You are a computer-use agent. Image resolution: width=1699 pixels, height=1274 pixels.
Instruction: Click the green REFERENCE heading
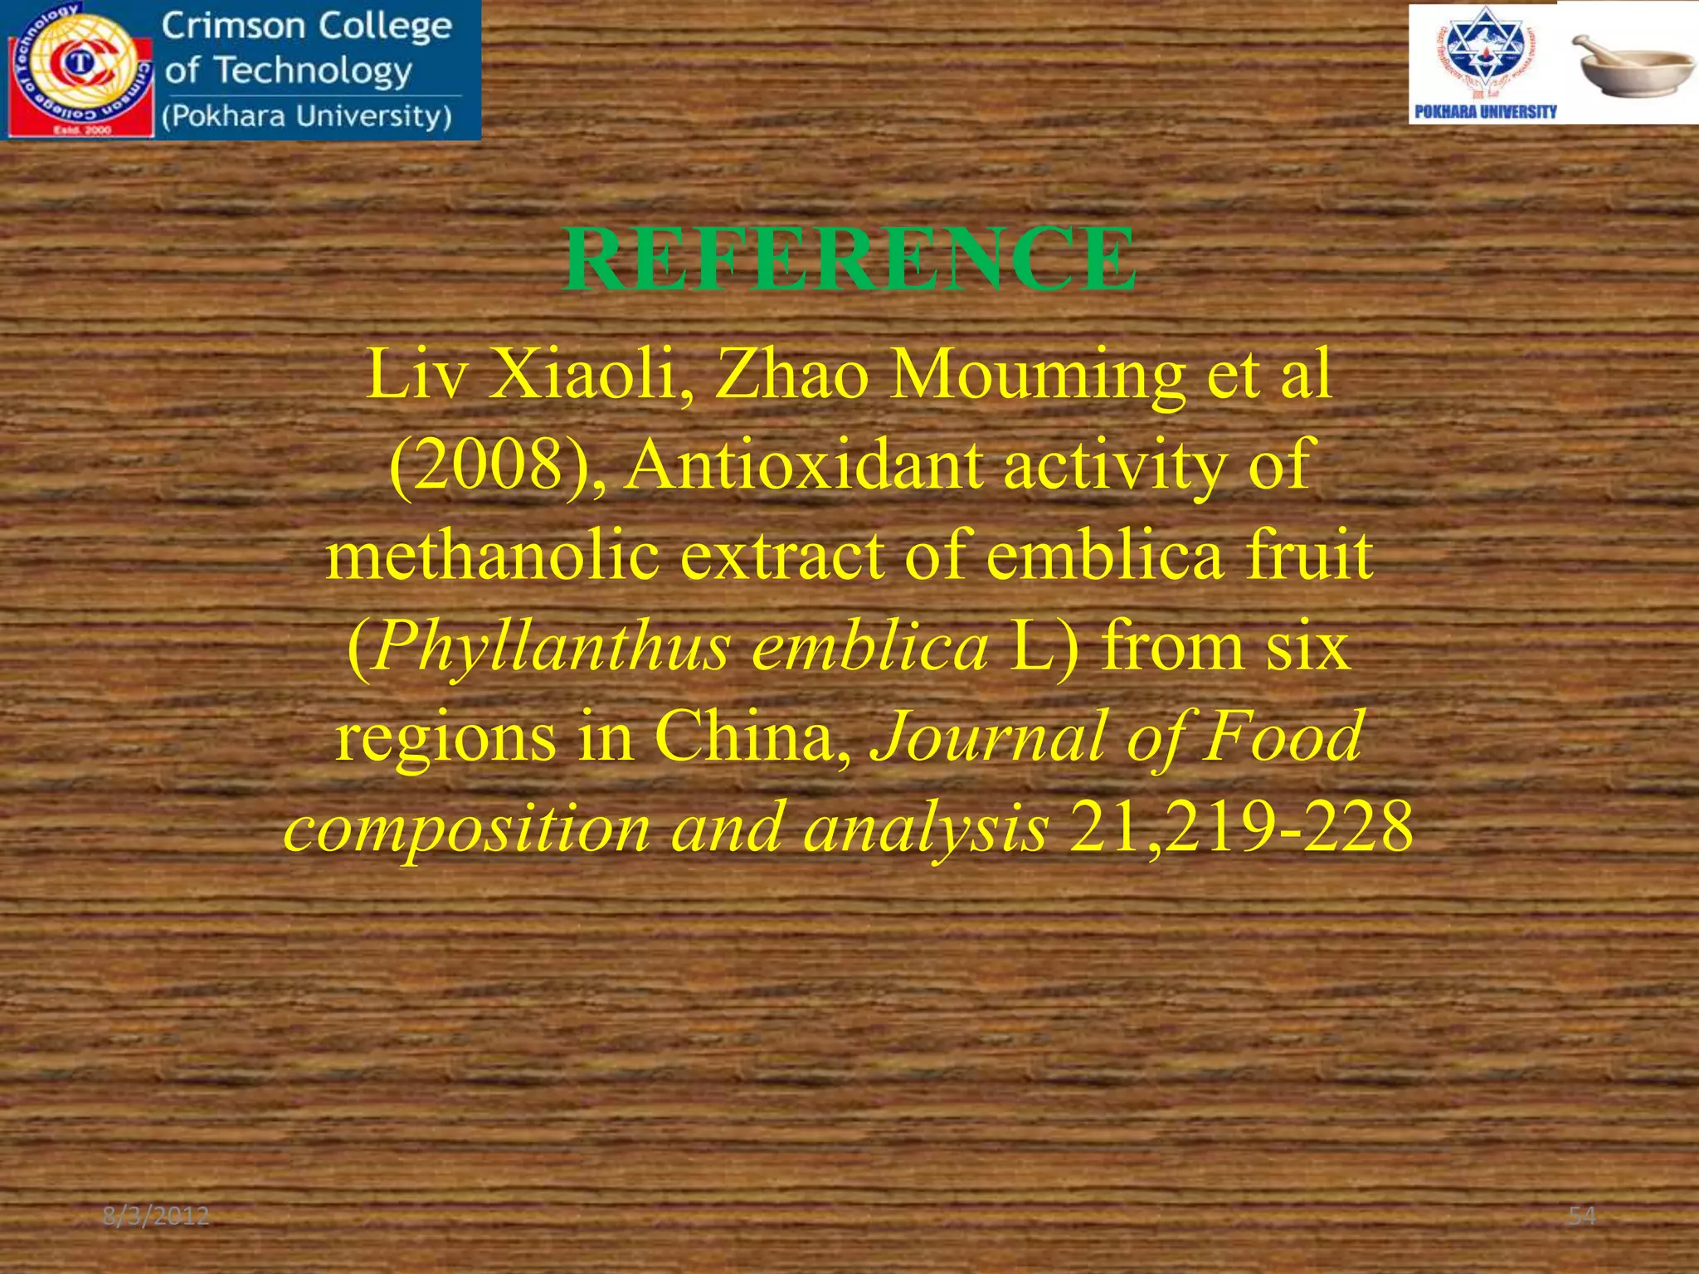[x=849, y=260]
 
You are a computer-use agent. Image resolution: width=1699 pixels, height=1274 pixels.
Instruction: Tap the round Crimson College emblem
[x=80, y=70]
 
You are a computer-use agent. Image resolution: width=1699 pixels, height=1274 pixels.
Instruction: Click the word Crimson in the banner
[x=235, y=27]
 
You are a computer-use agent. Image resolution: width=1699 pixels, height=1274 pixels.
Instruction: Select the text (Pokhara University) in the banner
[x=307, y=116]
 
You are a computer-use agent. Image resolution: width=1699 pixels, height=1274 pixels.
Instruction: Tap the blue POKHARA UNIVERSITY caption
[x=1485, y=112]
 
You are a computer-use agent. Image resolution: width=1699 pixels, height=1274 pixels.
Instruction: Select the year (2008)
[x=494, y=464]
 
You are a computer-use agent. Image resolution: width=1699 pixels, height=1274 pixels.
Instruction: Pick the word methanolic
[x=492, y=556]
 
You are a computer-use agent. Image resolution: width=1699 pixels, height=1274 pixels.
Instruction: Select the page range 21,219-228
[x=1241, y=828]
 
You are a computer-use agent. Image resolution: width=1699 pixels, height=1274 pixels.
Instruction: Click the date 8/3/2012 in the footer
[x=156, y=1216]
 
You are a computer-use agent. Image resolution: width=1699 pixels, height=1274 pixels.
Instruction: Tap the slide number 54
[x=1582, y=1216]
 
